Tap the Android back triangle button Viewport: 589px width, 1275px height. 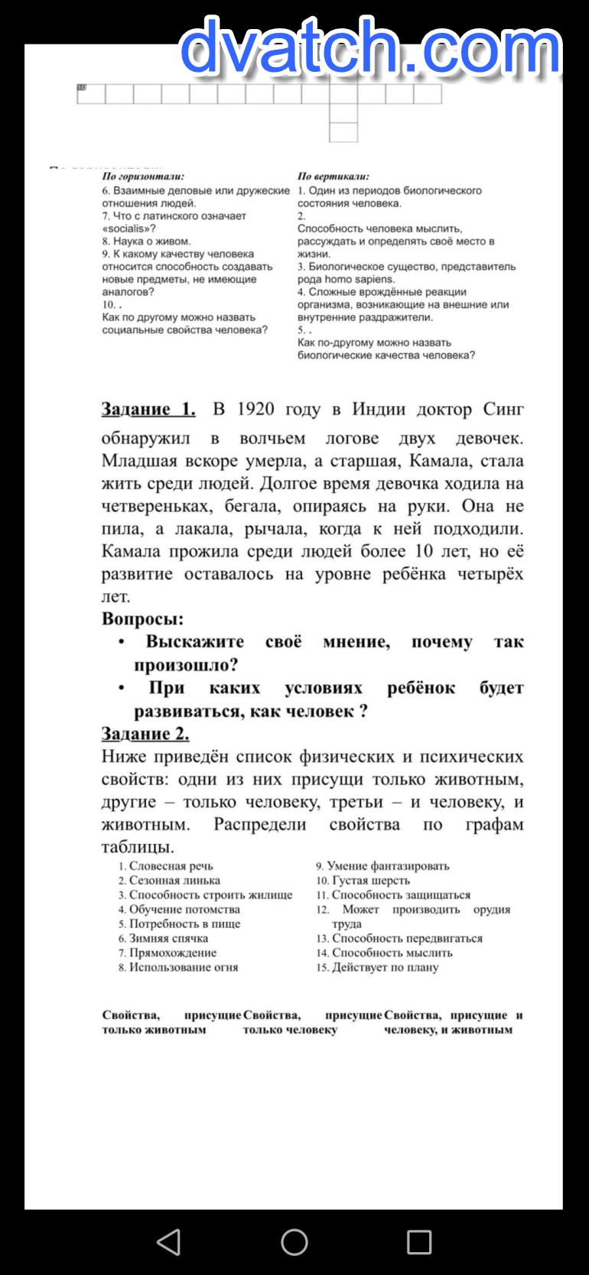(168, 1242)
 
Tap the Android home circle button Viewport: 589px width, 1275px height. (294, 1242)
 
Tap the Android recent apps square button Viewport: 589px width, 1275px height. (419, 1242)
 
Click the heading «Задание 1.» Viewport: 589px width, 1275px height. (148, 409)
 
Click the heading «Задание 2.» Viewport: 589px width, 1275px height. (145, 734)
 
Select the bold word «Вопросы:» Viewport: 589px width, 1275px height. (142, 618)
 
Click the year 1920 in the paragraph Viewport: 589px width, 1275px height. (255, 409)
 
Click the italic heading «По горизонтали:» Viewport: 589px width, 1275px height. (143, 177)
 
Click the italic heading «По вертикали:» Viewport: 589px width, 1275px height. (334, 177)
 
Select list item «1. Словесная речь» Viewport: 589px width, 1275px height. (166, 866)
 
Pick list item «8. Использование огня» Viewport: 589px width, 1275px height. (178, 967)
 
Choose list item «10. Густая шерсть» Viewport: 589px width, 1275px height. (363, 881)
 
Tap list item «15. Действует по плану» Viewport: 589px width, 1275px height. (378, 967)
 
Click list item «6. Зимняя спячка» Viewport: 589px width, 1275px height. (163, 938)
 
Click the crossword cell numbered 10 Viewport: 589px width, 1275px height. (90, 94)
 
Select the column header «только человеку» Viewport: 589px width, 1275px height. (290, 1030)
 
